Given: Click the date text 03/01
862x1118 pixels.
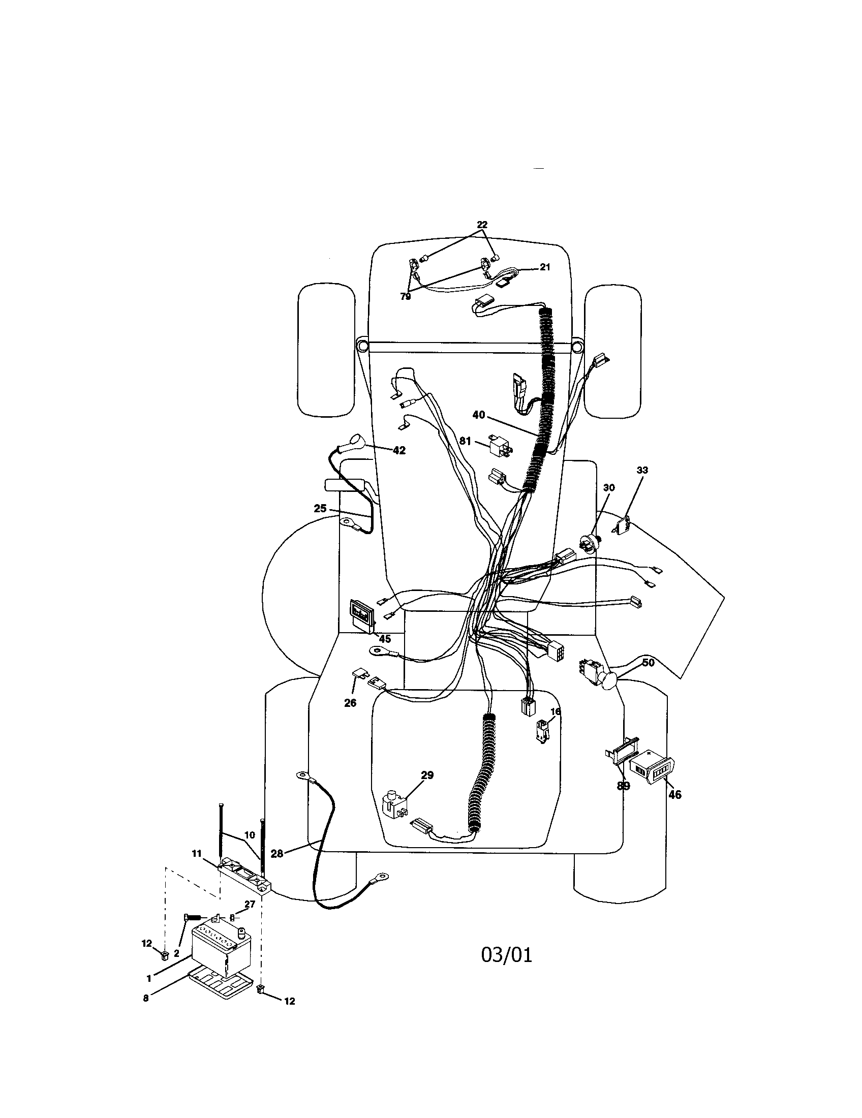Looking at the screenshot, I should coord(506,955).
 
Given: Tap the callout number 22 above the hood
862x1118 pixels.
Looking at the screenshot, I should coord(482,225).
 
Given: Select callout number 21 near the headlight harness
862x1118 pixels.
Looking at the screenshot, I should coord(545,267).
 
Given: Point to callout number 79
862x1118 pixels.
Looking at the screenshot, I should coord(406,297).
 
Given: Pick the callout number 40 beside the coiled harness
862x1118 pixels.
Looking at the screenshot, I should coord(478,415).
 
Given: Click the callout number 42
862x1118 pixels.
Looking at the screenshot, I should coord(399,450).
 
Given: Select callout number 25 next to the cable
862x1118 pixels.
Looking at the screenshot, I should coord(320,509).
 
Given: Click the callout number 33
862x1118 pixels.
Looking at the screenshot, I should coord(642,470).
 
